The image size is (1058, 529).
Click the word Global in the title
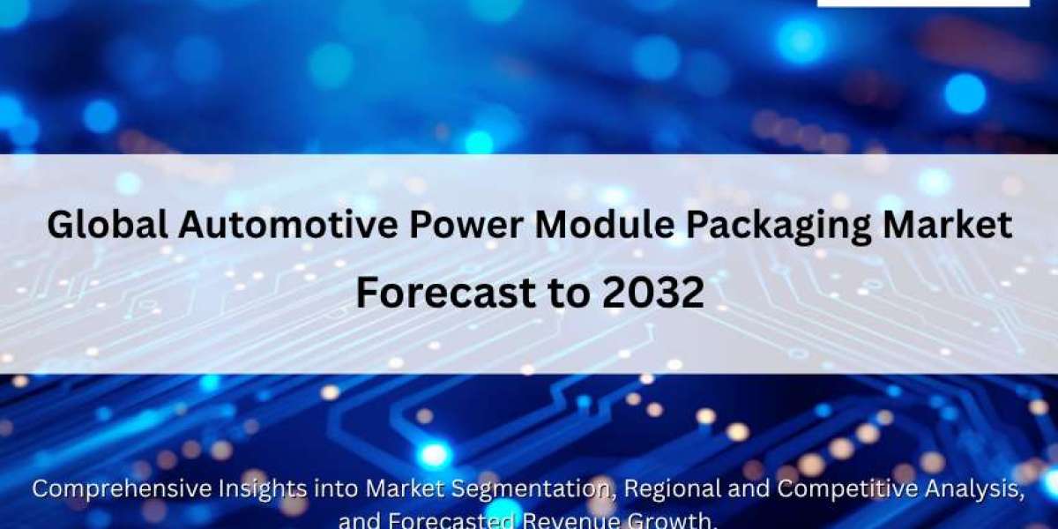tap(108, 226)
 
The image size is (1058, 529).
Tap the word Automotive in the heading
tap(288, 226)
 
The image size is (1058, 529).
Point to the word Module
tap(605, 226)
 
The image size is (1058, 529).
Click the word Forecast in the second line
tap(445, 293)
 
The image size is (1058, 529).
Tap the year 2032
tap(653, 293)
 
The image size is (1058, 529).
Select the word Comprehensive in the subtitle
tap(122, 489)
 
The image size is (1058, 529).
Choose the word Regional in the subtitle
tap(673, 489)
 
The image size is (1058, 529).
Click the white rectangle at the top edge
tap(923, 4)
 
